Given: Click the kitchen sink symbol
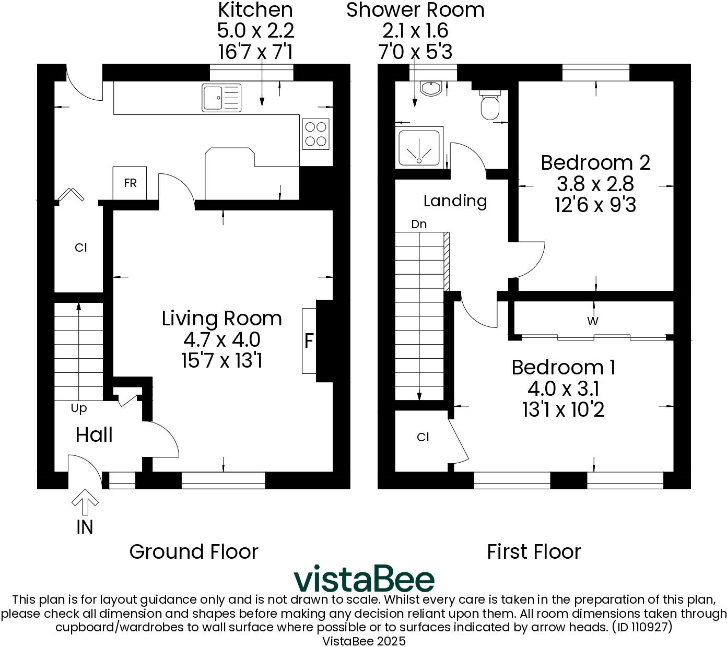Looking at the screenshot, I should (x=221, y=98).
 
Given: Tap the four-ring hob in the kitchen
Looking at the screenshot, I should (x=316, y=134).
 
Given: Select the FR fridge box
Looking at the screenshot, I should (x=130, y=183).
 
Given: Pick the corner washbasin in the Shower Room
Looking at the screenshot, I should (x=431, y=89).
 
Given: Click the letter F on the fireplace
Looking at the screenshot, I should (x=309, y=341).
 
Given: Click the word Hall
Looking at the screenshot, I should (x=94, y=434).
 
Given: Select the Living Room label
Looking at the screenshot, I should (x=221, y=318).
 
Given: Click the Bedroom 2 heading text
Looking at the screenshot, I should (x=595, y=162).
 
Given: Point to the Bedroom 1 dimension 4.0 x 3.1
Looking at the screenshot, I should (x=563, y=389).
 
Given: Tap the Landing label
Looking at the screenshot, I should (x=455, y=201).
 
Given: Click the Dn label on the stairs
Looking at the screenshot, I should (x=419, y=225).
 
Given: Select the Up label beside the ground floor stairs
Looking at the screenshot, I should (x=79, y=408).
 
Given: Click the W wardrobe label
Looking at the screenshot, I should (x=592, y=321).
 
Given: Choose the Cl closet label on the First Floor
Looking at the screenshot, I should (x=423, y=437).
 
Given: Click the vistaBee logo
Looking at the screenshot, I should (x=363, y=579).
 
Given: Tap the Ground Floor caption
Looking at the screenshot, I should (x=194, y=551).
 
